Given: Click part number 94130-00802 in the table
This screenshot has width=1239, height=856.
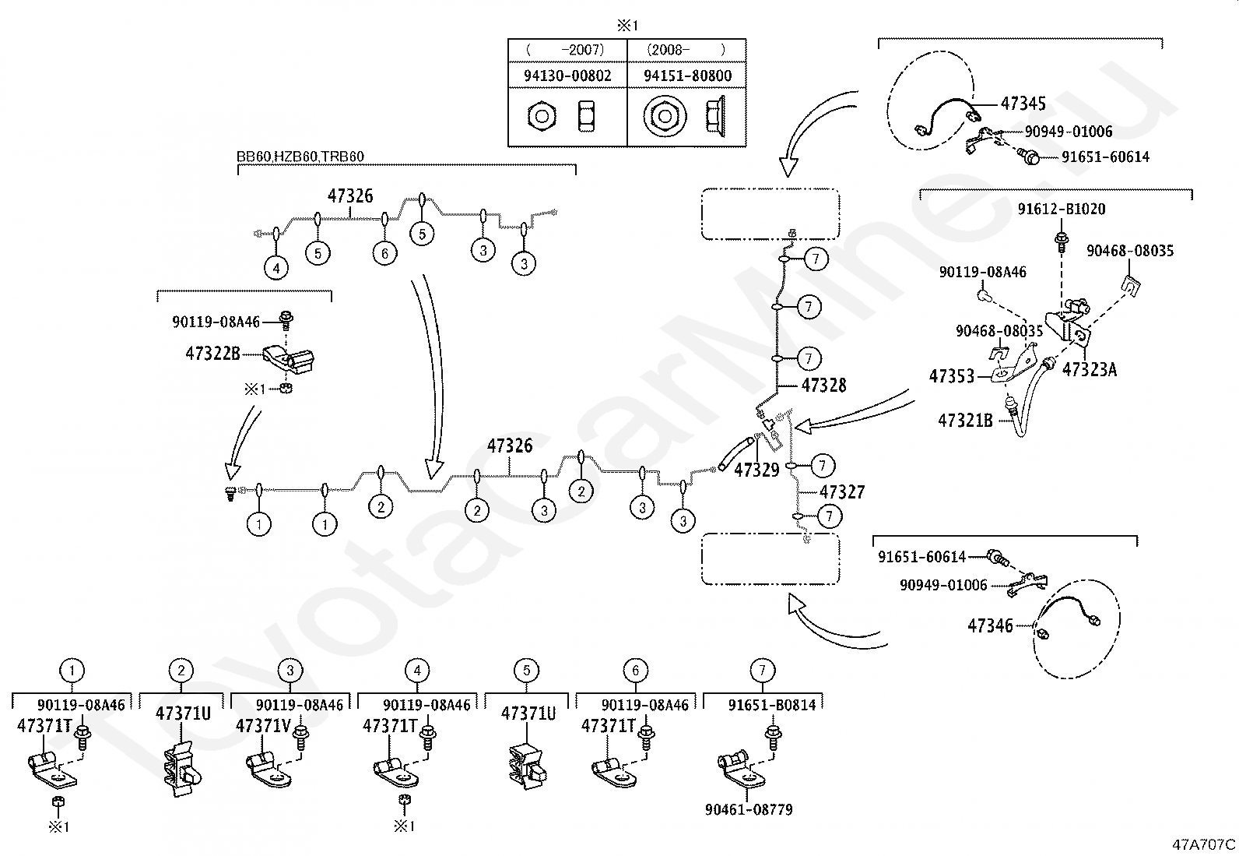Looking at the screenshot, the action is [567, 76].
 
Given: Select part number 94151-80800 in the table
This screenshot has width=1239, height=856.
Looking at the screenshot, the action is [687, 76].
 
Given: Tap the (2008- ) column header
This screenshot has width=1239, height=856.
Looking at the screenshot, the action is [686, 50].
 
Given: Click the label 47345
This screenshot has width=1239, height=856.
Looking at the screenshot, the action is [1023, 104].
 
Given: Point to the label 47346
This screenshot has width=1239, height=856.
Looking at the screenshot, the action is [990, 625].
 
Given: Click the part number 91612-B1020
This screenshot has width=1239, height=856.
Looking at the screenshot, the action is [1062, 210].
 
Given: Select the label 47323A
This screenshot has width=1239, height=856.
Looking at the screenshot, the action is [1089, 369].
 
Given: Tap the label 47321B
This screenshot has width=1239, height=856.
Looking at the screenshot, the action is [965, 421].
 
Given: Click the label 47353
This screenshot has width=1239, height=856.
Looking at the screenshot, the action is [951, 376].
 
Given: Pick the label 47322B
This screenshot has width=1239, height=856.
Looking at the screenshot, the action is [213, 354].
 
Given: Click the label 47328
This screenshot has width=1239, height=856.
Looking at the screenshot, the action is [823, 386].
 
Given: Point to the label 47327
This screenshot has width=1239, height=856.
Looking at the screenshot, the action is [842, 491].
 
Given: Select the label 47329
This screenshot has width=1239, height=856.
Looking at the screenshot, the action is [756, 470].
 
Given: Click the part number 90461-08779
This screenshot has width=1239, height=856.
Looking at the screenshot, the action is [749, 809].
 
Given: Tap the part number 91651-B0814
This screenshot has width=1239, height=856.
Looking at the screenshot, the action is [772, 705].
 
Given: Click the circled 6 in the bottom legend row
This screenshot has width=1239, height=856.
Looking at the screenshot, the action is [635, 671].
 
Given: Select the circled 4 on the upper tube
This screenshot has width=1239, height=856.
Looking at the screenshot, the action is [276, 269].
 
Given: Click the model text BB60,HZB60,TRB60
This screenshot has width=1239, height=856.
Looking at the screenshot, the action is [300, 157].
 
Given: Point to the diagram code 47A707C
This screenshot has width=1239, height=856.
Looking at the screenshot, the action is [1204, 844].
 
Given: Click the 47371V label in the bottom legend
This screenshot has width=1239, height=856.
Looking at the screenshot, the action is [263, 726].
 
